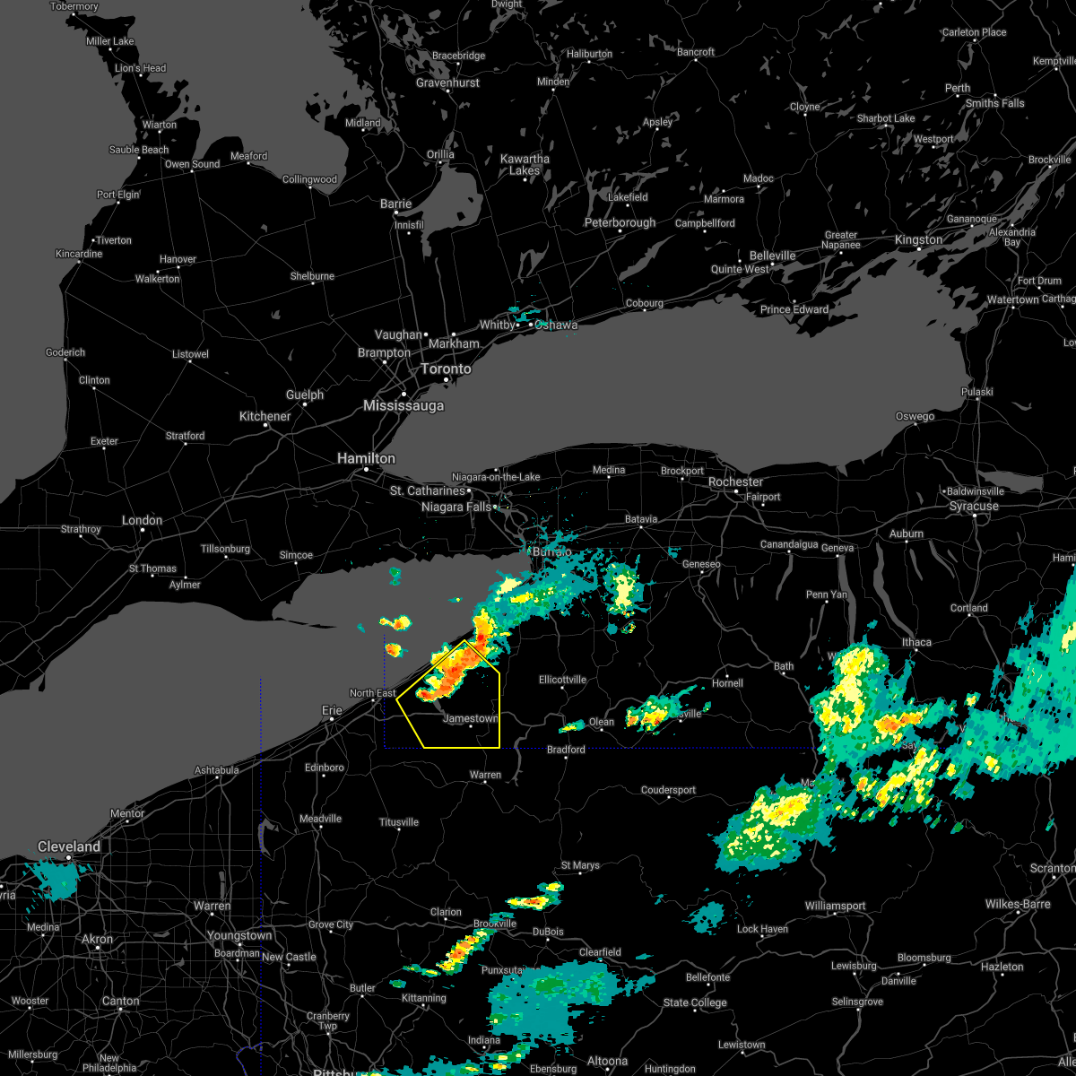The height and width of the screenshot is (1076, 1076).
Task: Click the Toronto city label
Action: [446, 369]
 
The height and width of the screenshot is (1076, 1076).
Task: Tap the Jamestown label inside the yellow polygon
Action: [470, 718]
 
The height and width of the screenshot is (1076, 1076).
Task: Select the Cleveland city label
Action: [69, 846]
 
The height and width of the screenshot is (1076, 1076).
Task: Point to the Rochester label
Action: [735, 482]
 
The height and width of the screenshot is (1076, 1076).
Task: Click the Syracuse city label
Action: [974, 507]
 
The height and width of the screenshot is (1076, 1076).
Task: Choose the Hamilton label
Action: [366, 458]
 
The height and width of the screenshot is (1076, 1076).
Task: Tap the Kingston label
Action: [918, 239]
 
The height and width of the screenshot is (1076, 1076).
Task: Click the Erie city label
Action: [332, 710]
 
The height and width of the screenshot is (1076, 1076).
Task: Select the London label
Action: [143, 520]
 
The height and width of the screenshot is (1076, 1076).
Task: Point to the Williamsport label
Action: [835, 907]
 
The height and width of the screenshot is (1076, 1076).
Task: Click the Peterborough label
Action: [620, 223]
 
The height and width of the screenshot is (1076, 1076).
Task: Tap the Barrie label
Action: [395, 204]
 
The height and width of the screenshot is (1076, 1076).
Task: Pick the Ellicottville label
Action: [562, 680]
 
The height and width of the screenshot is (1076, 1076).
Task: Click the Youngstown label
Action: [239, 935]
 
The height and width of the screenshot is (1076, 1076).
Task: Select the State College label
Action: [695, 1002]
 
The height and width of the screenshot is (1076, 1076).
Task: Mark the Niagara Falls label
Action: [456, 508]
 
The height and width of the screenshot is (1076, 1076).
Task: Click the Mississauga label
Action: [403, 406]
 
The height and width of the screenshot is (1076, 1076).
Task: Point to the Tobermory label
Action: [74, 6]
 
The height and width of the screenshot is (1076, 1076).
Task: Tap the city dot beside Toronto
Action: [446, 380]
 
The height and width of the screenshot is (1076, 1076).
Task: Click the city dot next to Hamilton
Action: [366, 469]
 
